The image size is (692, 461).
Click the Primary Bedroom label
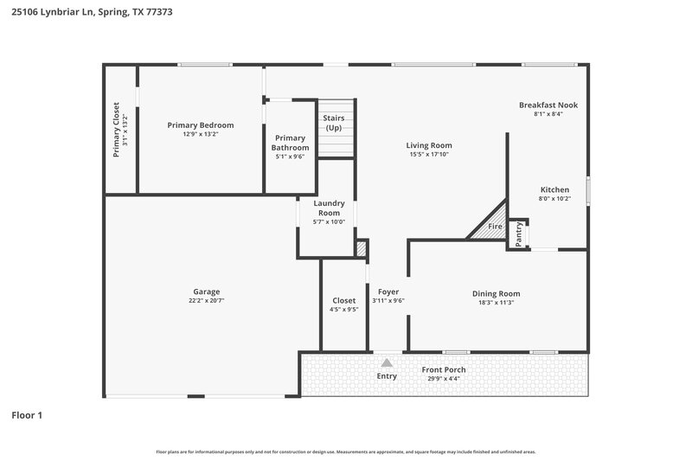200,125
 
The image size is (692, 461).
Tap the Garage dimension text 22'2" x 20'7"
206,301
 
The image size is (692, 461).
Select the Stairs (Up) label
334,122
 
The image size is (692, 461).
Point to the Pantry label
519,234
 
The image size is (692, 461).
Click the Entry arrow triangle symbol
387,363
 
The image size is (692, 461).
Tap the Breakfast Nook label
548,105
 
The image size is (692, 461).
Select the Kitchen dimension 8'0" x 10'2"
554,199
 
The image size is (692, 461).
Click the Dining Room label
496,293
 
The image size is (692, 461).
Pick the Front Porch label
444,369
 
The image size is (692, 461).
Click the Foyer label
388,291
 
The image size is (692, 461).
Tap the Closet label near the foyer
343,300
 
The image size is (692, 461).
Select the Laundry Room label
329,208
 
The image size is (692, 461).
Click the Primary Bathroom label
290,143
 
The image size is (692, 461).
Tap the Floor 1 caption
27,415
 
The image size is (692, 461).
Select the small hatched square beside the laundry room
361,249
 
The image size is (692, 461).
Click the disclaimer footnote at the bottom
345,451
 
